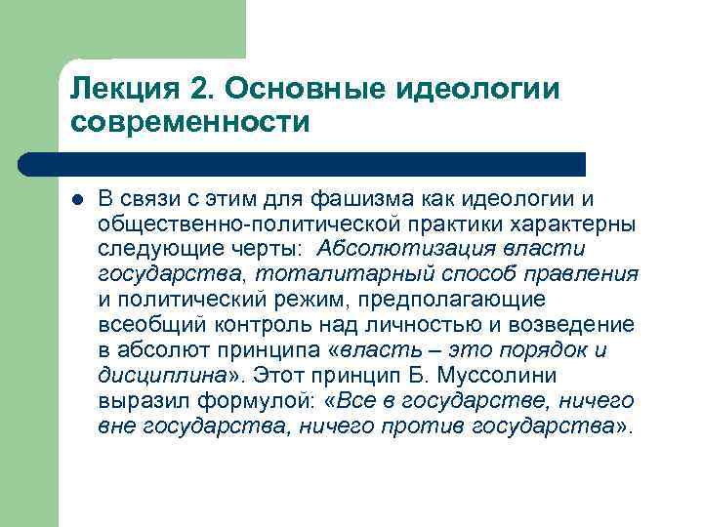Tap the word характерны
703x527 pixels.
(x=583, y=224)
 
